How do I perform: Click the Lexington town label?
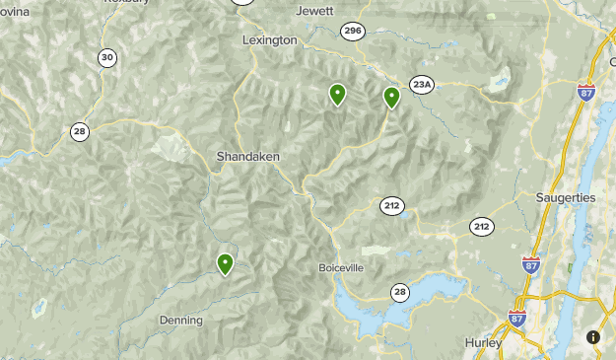coord(269,40)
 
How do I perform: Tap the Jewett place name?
coord(314,11)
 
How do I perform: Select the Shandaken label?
coord(248,157)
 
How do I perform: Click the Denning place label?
coord(180,321)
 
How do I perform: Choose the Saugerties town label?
coord(566,197)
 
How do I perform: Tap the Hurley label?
coord(483,343)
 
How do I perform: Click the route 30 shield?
coord(106,58)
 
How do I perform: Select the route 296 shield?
coord(353,32)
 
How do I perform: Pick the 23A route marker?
coord(422,85)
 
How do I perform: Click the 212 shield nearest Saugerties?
coord(481,227)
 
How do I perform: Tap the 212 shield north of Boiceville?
coord(392,206)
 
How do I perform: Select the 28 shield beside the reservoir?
coord(400,291)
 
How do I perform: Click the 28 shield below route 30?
coord(79,131)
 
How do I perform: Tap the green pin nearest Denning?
coord(226,262)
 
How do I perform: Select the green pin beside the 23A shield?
coord(392,97)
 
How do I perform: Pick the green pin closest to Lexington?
coord(337,94)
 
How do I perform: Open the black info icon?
coord(593,337)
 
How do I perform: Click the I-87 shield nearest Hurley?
coord(517,318)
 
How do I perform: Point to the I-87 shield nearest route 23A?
coord(585,93)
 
